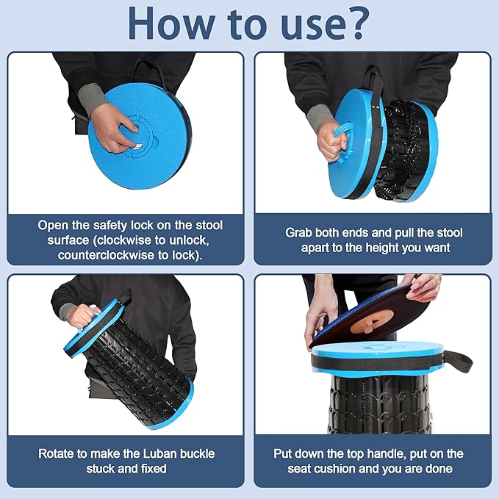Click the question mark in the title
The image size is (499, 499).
point(354,22)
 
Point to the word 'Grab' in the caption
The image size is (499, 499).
point(298,233)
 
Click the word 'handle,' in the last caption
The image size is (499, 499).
point(385,454)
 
